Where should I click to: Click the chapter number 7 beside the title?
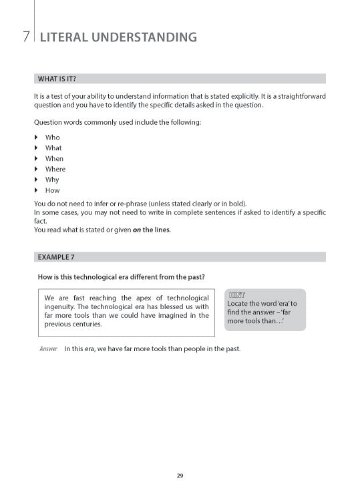coord(25,37)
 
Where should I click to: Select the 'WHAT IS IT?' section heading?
coord(57,79)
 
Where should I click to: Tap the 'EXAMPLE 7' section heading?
coord(56,256)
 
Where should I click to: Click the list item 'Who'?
coord(52,138)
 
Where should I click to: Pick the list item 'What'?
coord(53,148)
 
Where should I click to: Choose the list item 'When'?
coord(54,159)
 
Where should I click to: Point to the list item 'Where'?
coord(55,169)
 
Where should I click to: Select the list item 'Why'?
coord(52,180)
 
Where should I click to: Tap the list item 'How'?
coord(52,190)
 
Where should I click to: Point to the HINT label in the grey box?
coord(238,294)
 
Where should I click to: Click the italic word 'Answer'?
coord(48,349)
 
